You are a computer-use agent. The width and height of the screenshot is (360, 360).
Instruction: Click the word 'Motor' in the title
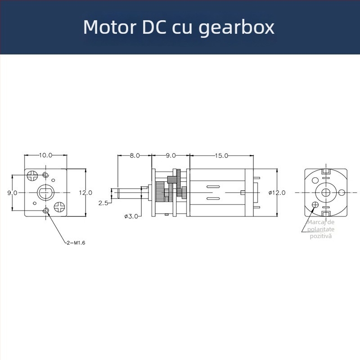108,27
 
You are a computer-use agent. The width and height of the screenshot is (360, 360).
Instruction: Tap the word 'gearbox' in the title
236,28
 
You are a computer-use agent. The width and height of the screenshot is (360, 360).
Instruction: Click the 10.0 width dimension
45,155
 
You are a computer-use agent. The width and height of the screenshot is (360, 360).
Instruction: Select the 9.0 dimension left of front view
12,192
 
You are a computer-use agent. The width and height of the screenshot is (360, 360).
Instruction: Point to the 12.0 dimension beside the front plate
85,192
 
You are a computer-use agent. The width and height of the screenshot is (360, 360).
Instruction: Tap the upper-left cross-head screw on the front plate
33,174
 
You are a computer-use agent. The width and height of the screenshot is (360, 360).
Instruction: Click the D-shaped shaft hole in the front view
45,192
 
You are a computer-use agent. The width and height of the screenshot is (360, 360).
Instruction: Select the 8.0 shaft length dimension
134,155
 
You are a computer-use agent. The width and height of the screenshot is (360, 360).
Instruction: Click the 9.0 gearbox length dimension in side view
171,155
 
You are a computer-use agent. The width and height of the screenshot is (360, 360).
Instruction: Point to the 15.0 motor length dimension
221,155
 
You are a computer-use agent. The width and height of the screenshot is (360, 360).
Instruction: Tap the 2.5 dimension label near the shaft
103,203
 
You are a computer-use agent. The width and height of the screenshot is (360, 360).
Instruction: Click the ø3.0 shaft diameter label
131,216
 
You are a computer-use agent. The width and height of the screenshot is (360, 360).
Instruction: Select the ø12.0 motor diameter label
277,192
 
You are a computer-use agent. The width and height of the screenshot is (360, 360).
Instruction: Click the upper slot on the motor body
212,186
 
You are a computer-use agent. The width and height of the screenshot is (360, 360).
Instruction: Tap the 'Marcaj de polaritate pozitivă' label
320,229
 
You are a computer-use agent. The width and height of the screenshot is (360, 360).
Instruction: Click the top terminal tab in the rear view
327,171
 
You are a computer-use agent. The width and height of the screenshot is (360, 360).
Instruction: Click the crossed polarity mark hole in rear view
315,205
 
